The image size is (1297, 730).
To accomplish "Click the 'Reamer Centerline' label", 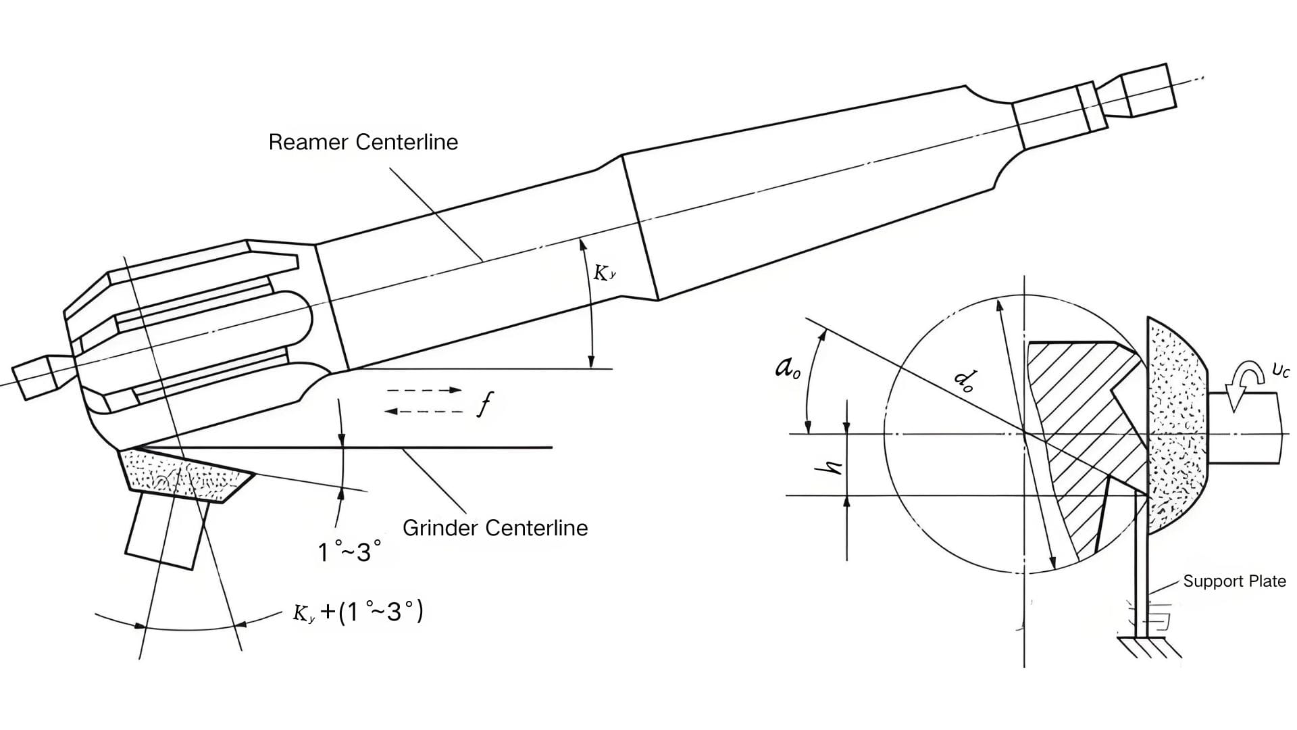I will (x=363, y=142).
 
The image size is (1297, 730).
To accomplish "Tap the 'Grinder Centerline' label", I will (x=494, y=528).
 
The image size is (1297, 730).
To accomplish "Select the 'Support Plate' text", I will (x=1234, y=581).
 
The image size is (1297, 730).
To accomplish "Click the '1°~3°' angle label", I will (x=349, y=552).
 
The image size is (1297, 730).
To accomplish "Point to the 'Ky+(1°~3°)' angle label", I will (x=357, y=612).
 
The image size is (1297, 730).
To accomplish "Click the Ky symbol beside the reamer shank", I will (x=604, y=273).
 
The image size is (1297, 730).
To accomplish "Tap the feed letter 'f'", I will (x=485, y=404).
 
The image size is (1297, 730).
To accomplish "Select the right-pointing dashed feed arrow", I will (x=424, y=390).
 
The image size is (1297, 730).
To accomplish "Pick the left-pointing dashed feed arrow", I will (x=424, y=412).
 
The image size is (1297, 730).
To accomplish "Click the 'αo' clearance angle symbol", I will (x=787, y=368).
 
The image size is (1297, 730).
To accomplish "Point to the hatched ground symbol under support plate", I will (x=1148, y=647).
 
